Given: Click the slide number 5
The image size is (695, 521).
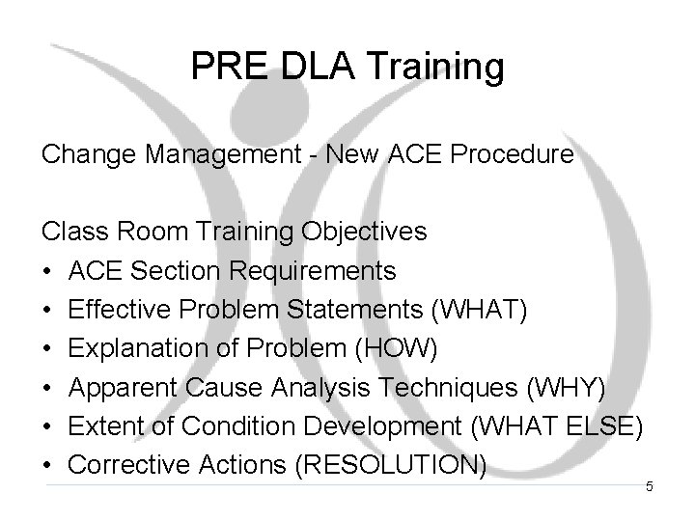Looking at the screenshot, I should coord(650,487).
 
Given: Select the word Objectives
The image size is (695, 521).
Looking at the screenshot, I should coord(375,233).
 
